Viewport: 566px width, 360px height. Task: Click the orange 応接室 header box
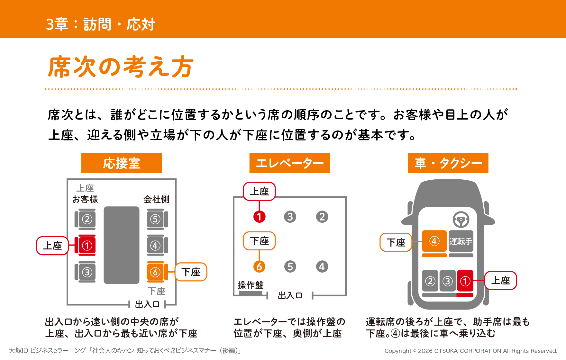pyautogui.click(x=122, y=163)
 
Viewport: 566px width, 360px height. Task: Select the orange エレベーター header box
pyautogui.click(x=289, y=163)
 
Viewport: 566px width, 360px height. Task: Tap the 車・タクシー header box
pyautogui.click(x=448, y=163)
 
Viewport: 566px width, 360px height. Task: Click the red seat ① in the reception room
pyautogui.click(x=85, y=246)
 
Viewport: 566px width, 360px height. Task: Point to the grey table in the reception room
pyautogui.click(x=122, y=245)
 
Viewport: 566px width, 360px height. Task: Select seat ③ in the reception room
pyautogui.click(x=85, y=272)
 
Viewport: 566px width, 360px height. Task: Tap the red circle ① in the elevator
pyautogui.click(x=259, y=217)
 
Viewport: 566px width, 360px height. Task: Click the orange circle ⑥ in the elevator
pyautogui.click(x=259, y=266)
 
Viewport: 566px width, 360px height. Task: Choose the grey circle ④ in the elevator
pyautogui.click(x=322, y=266)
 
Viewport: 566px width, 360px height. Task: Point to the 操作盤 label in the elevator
pyautogui.click(x=251, y=285)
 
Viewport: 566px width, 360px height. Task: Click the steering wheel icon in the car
pyautogui.click(x=461, y=220)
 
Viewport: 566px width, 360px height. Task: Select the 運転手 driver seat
pyautogui.click(x=461, y=241)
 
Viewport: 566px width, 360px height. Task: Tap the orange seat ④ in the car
pyautogui.click(x=434, y=241)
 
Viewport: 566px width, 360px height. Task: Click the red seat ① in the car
pyautogui.click(x=465, y=281)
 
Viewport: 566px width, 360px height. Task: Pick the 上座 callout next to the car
pyautogui.click(x=500, y=280)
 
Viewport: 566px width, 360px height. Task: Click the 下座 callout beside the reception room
pyautogui.click(x=191, y=272)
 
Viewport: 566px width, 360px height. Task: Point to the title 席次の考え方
pyautogui.click(x=121, y=67)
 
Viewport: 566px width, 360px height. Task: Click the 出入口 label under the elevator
pyautogui.click(x=290, y=295)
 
